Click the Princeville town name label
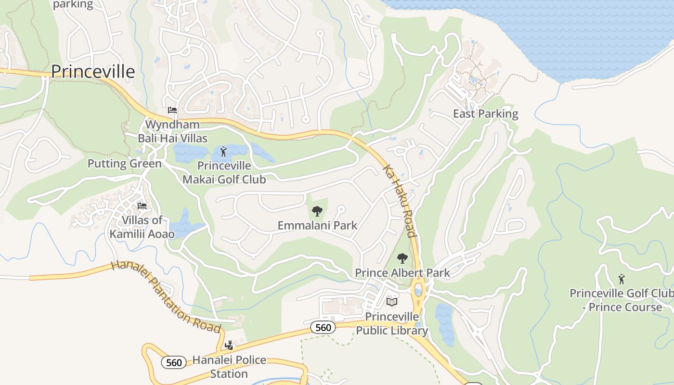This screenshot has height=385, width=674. coord(93,72)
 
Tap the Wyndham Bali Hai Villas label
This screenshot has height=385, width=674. coord(172,131)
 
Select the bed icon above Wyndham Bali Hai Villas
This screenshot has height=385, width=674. coord(172,110)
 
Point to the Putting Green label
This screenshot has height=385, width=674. coord(124,164)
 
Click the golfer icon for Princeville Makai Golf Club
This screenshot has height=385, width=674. coord(223,153)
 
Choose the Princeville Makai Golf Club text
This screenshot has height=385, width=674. coord(224,173)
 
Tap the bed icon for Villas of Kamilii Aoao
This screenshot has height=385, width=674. coord(142,206)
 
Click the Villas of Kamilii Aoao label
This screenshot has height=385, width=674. coord(142,227)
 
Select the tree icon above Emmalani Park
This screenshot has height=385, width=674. coord(317,211)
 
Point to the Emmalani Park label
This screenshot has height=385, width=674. coord(317,225)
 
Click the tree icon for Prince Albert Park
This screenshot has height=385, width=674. coord(402,258)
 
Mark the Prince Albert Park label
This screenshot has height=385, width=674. coord(402,273)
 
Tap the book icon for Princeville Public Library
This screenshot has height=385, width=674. coord(392,302)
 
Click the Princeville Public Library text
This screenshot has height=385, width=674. coord(392,323)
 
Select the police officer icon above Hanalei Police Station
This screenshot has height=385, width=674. coord(229,346)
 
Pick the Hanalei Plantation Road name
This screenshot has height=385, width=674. coord(166,296)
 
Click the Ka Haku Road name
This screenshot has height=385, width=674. coord(399,201)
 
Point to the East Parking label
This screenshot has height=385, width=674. coord(485,114)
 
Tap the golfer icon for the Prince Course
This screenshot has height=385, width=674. coord(622,279)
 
